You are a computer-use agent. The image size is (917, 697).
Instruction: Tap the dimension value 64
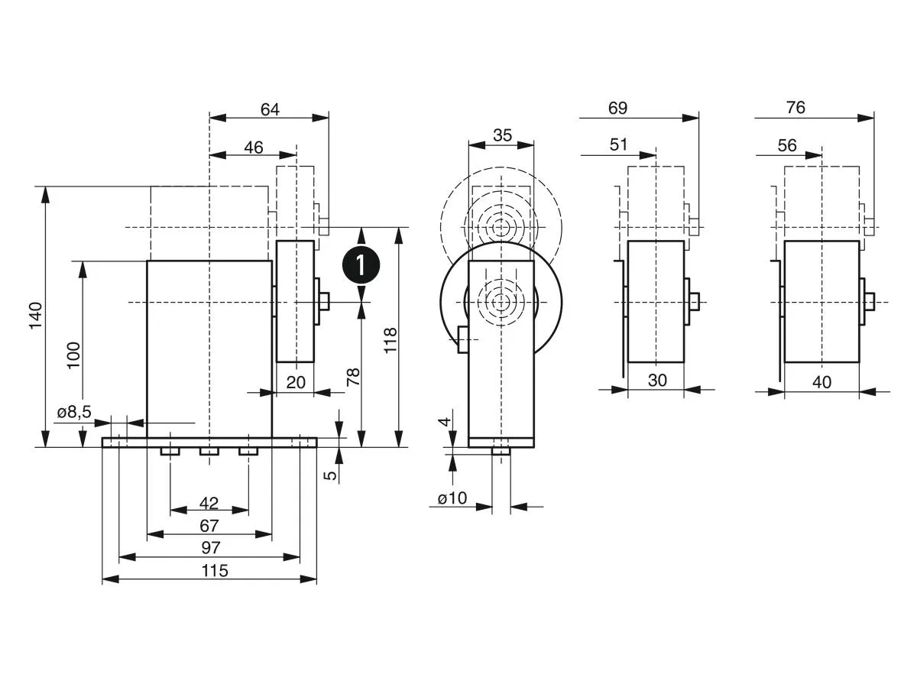coord(270,109)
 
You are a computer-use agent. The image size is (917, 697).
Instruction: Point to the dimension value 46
coord(253,147)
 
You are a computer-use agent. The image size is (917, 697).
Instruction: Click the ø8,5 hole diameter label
coord(74,412)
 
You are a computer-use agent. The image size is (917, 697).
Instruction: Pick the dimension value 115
coord(215,570)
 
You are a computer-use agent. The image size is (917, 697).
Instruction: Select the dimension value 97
coord(210,547)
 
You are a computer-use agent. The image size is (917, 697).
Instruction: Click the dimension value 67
coord(209,525)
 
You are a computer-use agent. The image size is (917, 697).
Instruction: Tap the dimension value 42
coord(209,502)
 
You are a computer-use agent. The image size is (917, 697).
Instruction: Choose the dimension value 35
coord(501,135)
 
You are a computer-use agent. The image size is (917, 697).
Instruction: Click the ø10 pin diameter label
coord(452,498)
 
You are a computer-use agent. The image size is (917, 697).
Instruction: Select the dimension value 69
coord(617,108)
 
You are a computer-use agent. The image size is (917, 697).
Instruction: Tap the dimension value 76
coord(795,108)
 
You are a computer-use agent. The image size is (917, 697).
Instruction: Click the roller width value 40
coord(821,381)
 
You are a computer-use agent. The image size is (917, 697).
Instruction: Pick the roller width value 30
coord(657,380)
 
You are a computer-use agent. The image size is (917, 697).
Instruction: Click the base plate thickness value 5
coord(330,475)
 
